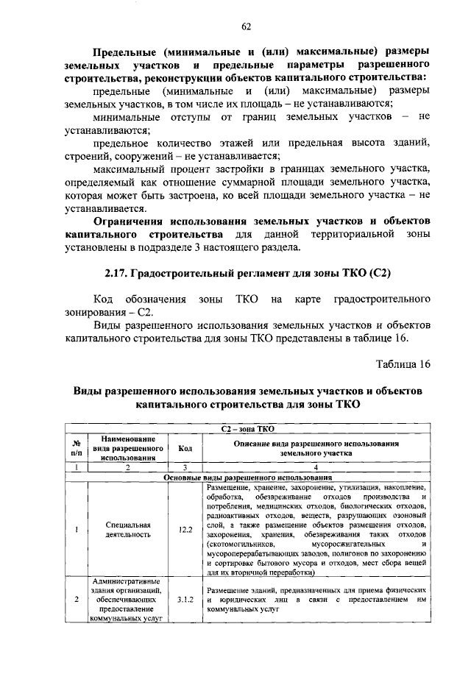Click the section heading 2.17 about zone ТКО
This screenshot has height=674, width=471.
pyautogui.click(x=247, y=273)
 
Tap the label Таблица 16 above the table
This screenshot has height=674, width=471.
pyautogui.click(x=403, y=364)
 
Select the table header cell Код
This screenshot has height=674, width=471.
pyautogui.click(x=185, y=448)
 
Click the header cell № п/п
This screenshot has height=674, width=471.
pyautogui.click(x=76, y=448)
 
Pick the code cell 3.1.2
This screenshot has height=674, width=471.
pyautogui.click(x=185, y=600)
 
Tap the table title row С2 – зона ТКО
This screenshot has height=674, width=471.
pyautogui.click(x=247, y=428)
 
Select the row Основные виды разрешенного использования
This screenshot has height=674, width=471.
pyautogui.click(x=247, y=478)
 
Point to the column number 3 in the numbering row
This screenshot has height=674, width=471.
pyautogui.click(x=185, y=467)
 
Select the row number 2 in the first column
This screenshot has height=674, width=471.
pyautogui.click(x=76, y=600)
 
